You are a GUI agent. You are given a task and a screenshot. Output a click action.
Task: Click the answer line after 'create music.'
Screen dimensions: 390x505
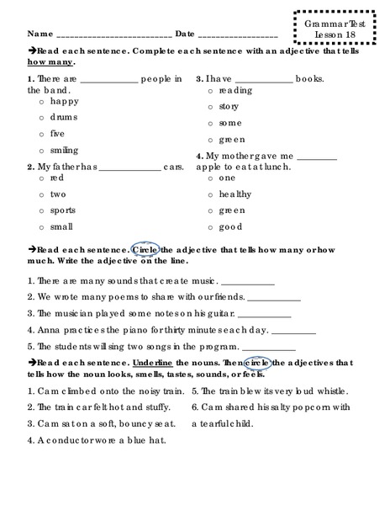[x=249, y=283]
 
